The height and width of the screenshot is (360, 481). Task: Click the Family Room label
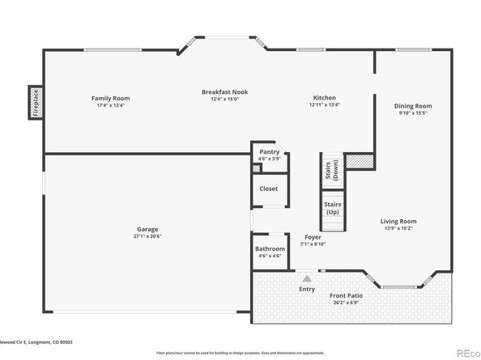point(112,98)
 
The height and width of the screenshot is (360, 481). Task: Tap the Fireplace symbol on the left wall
point(35,103)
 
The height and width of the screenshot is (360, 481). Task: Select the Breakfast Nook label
point(224,92)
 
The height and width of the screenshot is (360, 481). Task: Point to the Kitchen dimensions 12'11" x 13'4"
point(325,104)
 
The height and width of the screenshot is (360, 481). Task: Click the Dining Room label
point(413,106)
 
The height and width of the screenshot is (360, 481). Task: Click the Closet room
point(268,189)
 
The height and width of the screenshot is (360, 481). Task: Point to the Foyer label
point(311,237)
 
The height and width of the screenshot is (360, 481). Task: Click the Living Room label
point(399,221)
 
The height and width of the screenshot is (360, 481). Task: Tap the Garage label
point(147,229)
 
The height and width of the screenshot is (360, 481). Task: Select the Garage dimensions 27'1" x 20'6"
point(147,236)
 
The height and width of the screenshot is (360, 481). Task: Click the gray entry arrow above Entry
point(306,277)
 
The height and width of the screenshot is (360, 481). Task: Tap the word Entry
point(307,289)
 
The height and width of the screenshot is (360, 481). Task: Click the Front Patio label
point(346,296)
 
